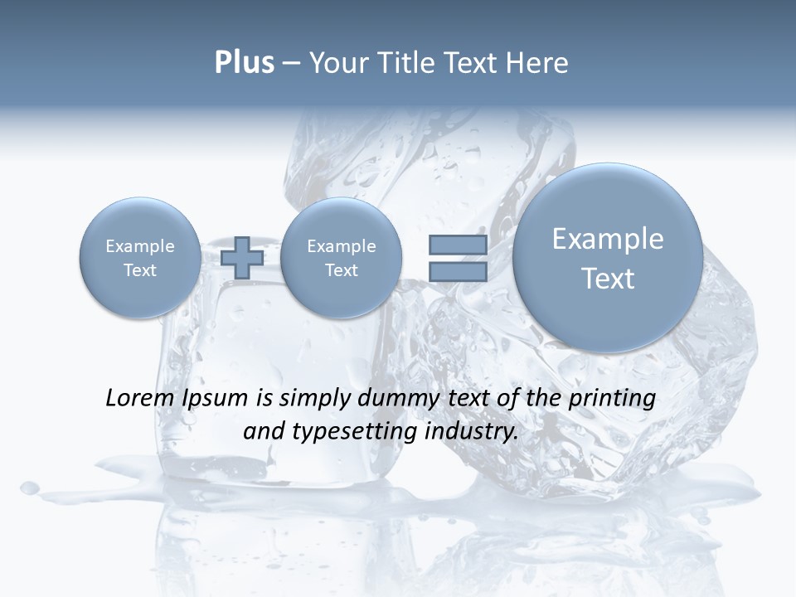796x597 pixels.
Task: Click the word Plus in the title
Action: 244,63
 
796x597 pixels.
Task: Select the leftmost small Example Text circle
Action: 140,258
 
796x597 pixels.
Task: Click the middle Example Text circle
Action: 341,258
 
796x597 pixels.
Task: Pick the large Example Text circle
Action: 608,258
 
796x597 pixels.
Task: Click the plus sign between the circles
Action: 242,258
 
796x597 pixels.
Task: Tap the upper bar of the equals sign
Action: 457,245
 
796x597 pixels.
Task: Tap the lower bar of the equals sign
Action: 457,272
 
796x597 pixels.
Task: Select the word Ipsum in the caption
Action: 217,399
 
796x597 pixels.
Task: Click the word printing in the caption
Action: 612,399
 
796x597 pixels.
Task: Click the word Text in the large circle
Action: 608,279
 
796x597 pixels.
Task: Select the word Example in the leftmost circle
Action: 140,246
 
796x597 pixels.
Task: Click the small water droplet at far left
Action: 30,488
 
